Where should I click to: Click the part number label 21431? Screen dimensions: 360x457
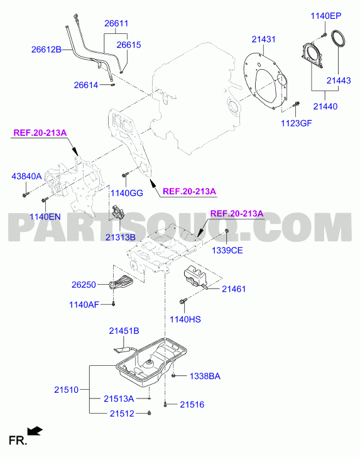tap(264, 39)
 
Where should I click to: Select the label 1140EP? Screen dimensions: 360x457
tap(325, 16)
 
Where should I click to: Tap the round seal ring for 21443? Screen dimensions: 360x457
tap(339, 38)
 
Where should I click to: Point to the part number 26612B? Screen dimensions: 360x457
tap(46, 50)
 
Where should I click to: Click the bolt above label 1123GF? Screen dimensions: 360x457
tap(296, 104)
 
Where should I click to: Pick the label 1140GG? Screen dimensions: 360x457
tap(127, 193)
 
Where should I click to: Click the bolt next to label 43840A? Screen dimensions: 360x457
tap(25, 194)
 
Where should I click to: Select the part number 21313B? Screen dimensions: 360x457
tap(120, 237)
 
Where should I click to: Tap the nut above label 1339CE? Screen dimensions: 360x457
tap(227, 231)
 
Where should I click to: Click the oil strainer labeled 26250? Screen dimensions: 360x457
tap(121, 282)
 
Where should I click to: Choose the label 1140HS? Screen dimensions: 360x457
tap(185, 319)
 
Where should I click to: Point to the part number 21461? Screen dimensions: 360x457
tap(234, 289)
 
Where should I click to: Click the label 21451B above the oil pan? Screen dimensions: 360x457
tap(124, 331)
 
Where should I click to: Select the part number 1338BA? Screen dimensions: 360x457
tap(205, 377)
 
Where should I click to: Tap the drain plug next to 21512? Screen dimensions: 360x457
tap(149, 413)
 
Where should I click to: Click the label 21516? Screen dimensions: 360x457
tap(192, 405)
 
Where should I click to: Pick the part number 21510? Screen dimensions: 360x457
tap(67, 390)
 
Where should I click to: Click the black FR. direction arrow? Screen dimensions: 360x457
tap(35, 431)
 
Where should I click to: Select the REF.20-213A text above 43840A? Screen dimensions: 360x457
tap(40, 133)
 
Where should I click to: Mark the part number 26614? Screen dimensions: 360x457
tap(86, 85)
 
